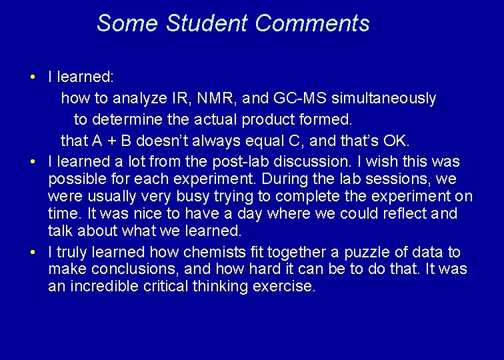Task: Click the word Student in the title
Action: pyautogui.click(x=207, y=23)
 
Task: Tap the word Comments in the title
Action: pyautogui.click(x=312, y=23)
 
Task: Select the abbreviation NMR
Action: pyautogui.click(x=215, y=99)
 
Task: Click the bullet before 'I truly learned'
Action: pyautogui.click(x=33, y=252)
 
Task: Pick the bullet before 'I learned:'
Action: pyautogui.click(x=33, y=77)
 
